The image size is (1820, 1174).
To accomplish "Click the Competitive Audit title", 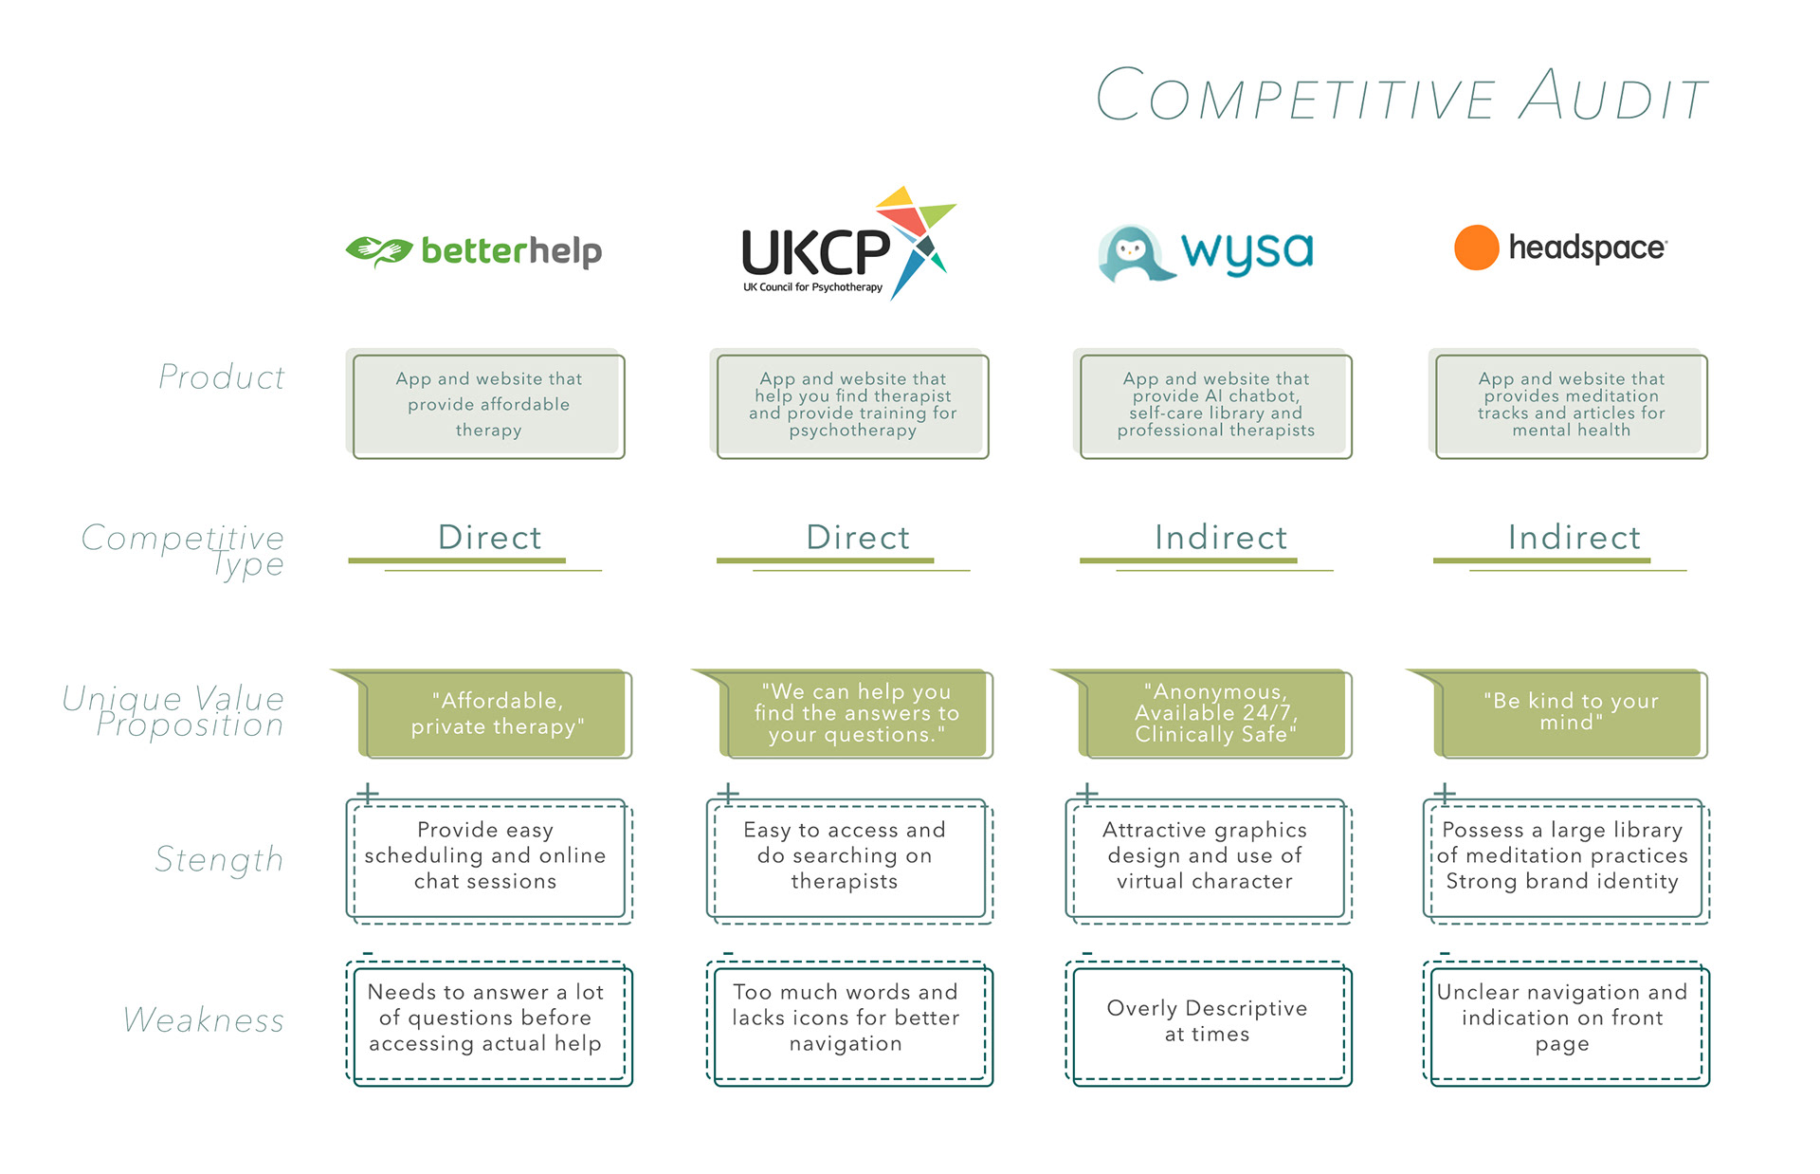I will [x=1401, y=95].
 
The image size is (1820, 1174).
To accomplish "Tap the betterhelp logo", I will [x=474, y=251].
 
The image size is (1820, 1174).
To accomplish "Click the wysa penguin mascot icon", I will [x=1133, y=253].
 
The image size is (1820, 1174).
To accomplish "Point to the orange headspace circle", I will [x=1476, y=248].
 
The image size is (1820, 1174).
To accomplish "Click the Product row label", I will [x=222, y=377].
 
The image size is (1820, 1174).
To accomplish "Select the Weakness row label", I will [x=204, y=1020].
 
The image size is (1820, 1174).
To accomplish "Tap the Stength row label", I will [x=219, y=859].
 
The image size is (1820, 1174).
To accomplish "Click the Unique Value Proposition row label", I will [x=174, y=711].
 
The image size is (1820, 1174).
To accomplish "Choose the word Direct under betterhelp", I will [x=490, y=538].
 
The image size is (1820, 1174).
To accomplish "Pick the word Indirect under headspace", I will [x=1574, y=538].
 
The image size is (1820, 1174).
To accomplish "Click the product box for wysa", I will [x=1216, y=406].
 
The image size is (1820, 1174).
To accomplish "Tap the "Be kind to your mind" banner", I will [x=1571, y=712].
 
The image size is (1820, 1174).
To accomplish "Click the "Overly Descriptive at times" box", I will [x=1207, y=1021].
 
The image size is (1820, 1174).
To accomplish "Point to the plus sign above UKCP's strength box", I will [x=728, y=793].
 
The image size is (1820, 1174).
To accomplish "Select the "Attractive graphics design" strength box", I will [x=1205, y=856].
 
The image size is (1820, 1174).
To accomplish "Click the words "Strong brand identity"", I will [x=1562, y=882].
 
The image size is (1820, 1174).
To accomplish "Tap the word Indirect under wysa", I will [x=1221, y=538].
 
